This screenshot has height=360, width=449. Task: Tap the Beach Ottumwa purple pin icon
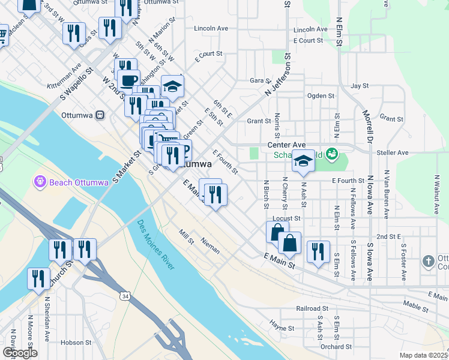[40, 180]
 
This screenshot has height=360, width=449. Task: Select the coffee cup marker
[128, 80]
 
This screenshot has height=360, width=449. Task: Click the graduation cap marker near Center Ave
[303, 161]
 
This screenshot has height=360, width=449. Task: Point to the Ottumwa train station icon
[100, 115]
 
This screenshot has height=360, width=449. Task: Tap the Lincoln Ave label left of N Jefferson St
[211, 28]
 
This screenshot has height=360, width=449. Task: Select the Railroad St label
[311, 308]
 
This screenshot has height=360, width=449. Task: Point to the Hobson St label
[75, 343]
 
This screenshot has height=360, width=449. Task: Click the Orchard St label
[336, 346]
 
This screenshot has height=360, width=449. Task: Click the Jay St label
[360, 86]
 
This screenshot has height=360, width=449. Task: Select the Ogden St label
[321, 96]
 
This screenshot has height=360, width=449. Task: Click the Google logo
[19, 353]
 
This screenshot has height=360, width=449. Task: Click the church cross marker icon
[428, 262]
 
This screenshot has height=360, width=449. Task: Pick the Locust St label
[286, 218]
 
